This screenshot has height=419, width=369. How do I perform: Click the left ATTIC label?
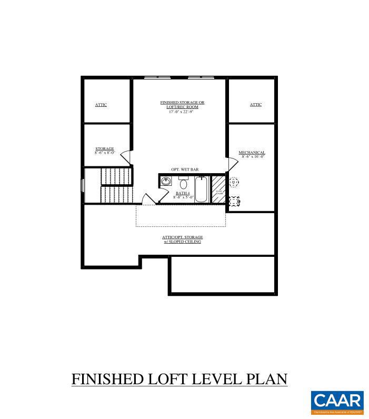click(101, 105)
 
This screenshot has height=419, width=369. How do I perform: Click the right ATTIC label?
click(255, 105)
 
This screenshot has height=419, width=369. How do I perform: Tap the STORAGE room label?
click(104, 149)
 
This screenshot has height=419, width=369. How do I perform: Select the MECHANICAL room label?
click(252, 153)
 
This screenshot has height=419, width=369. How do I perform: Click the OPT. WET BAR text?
click(184, 169)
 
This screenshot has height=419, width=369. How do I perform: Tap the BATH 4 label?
click(183, 193)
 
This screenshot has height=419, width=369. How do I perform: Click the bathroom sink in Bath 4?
click(166, 182)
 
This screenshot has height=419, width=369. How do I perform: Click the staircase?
click(116, 185)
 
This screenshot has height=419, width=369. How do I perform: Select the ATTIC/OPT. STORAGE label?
click(182, 240)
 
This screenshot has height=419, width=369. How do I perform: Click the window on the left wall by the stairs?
click(82, 186)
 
